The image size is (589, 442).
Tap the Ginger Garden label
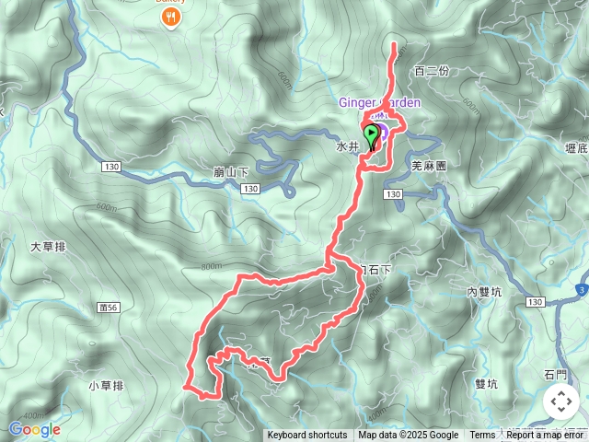pyautogui.click(x=380, y=102)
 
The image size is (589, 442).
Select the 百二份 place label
pyautogui.click(x=431, y=71)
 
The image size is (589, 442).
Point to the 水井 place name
pyautogui.click(x=347, y=145)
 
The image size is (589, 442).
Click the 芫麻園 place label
pyautogui.click(x=428, y=167)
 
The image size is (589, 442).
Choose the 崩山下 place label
pyautogui.click(x=230, y=171)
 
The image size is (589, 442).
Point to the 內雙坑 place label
pyautogui.click(x=484, y=292)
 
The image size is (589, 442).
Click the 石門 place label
pyautogui.click(x=556, y=374)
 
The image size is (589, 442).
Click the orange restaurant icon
pyautogui.click(x=170, y=19)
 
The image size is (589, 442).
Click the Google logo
pyautogui.click(x=34, y=429)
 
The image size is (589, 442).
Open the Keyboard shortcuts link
pyautogui.click(x=307, y=436)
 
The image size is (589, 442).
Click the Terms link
pyautogui.click(x=482, y=436)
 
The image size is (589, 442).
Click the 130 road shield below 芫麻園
pyautogui.click(x=394, y=194)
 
